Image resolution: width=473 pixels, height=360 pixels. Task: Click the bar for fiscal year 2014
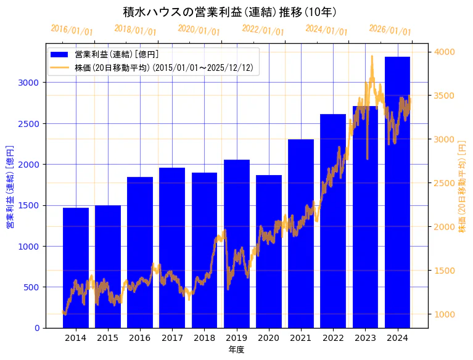click(76, 268)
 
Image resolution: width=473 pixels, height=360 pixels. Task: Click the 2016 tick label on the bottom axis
click(140, 338)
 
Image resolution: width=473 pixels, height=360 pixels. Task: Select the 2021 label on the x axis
click(301, 338)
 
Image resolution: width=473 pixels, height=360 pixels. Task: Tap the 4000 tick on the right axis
click(444, 52)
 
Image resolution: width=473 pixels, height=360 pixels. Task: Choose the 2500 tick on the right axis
click(444, 183)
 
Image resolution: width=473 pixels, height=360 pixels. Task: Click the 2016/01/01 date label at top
click(72, 30)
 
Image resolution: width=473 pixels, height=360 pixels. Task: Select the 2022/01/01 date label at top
click(263, 30)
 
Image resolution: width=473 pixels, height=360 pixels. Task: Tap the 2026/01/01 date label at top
click(390, 30)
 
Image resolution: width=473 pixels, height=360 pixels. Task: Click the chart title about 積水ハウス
click(229, 12)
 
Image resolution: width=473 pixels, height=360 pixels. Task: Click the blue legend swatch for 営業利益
click(60, 55)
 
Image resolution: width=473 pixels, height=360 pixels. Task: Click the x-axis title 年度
click(236, 350)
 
